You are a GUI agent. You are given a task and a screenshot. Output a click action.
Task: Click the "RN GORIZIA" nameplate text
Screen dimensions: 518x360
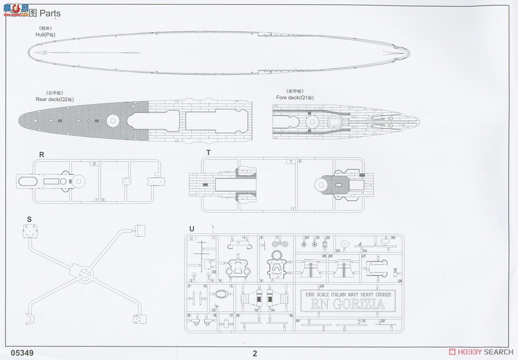click(348, 304)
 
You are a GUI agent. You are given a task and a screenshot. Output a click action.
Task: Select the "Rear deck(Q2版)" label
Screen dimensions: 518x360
click(55, 99)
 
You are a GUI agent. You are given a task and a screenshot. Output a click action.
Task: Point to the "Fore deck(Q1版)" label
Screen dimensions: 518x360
click(295, 98)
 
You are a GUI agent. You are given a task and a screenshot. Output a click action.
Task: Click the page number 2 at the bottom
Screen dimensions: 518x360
click(255, 354)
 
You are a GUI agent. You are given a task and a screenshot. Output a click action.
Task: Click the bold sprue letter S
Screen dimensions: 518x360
click(29, 219)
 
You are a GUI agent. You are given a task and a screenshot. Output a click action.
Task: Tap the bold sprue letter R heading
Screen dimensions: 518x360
click(41, 155)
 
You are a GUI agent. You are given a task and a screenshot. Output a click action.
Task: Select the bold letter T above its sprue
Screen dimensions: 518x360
click(208, 153)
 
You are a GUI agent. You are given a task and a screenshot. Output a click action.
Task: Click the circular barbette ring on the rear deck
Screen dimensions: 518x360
click(113, 120)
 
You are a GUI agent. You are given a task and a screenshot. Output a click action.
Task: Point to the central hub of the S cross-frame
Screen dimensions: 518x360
click(83, 273)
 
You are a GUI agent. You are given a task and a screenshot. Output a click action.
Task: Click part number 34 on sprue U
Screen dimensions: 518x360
click(393, 237)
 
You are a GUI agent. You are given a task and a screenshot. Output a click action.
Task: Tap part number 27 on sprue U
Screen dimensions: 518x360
click(363, 256)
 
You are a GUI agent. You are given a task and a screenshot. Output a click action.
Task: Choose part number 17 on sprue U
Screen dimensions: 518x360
click(231, 316)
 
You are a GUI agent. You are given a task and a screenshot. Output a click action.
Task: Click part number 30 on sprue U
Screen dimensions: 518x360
click(297, 321)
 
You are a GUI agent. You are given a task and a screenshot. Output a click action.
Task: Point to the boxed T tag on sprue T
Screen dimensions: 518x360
click(291, 161)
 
